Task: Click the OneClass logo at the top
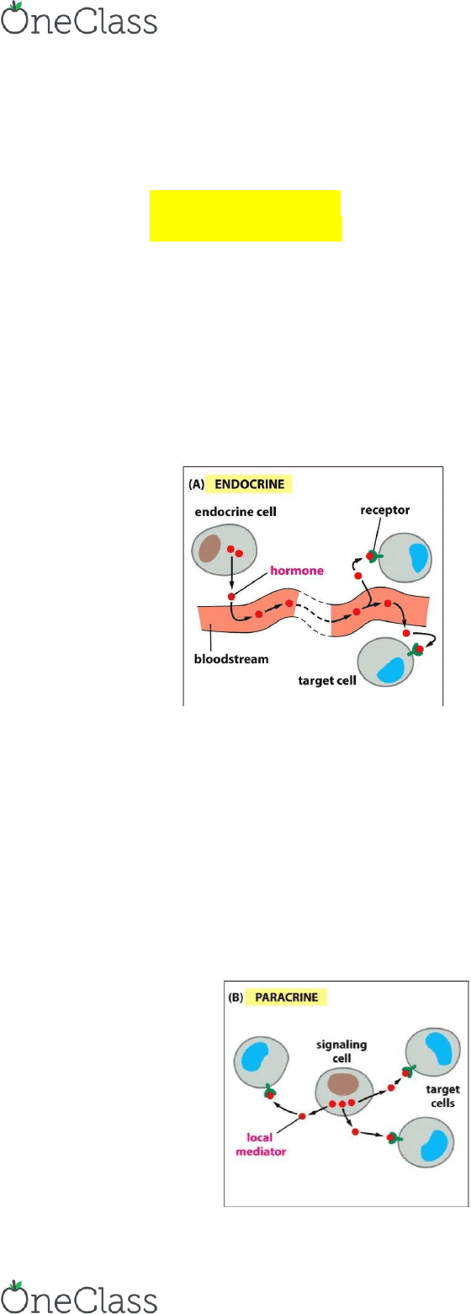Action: tap(79, 19)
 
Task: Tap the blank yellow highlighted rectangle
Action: tap(246, 215)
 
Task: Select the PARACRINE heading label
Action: tap(287, 997)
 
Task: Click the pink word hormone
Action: tap(296, 571)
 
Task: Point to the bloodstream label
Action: tap(231, 659)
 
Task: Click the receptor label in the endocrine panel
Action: tap(385, 510)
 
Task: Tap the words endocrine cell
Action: tap(235, 512)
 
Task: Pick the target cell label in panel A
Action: tap(327, 681)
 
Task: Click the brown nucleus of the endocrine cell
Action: tap(209, 549)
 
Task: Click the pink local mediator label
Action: tap(261, 1145)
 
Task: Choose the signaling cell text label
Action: tap(341, 1051)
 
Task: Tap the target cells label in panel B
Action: tap(443, 1096)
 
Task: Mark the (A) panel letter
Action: tap(196, 485)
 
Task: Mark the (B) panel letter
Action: tap(235, 997)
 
